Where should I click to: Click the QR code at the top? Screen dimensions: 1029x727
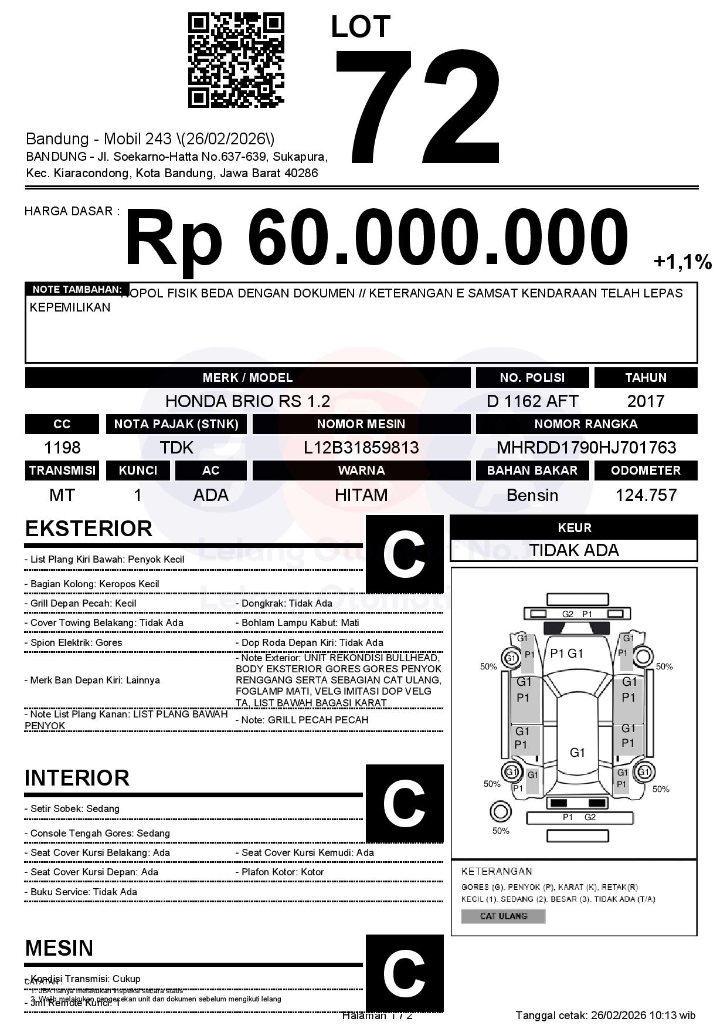(x=236, y=61)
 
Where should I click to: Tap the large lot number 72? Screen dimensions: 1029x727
(x=418, y=107)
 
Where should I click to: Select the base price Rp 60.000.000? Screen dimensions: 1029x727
(x=376, y=239)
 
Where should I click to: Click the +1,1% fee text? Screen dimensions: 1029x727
(x=682, y=262)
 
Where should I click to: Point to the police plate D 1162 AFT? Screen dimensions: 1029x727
(x=532, y=401)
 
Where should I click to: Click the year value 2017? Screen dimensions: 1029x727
(x=646, y=401)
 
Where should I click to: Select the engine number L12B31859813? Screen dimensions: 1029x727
(x=361, y=448)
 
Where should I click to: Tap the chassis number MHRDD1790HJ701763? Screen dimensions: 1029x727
(x=586, y=448)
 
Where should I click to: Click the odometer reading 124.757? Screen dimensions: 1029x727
(x=646, y=496)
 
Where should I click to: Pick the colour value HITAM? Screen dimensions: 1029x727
(x=361, y=496)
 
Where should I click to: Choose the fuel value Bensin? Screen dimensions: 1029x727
(x=532, y=496)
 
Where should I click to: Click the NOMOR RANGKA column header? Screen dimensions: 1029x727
(x=586, y=424)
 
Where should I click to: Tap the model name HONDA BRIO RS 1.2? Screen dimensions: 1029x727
(x=247, y=401)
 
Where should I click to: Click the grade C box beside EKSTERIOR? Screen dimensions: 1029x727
(x=405, y=554)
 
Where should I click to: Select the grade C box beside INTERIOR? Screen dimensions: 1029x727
(x=405, y=803)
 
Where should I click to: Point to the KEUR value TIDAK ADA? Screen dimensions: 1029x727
(x=574, y=550)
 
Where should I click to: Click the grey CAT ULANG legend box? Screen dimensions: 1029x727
(x=503, y=916)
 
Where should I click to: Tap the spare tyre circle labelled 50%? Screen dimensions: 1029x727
(x=500, y=813)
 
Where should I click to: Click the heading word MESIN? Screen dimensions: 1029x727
(x=59, y=949)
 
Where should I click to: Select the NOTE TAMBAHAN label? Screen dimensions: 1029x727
(x=77, y=289)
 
